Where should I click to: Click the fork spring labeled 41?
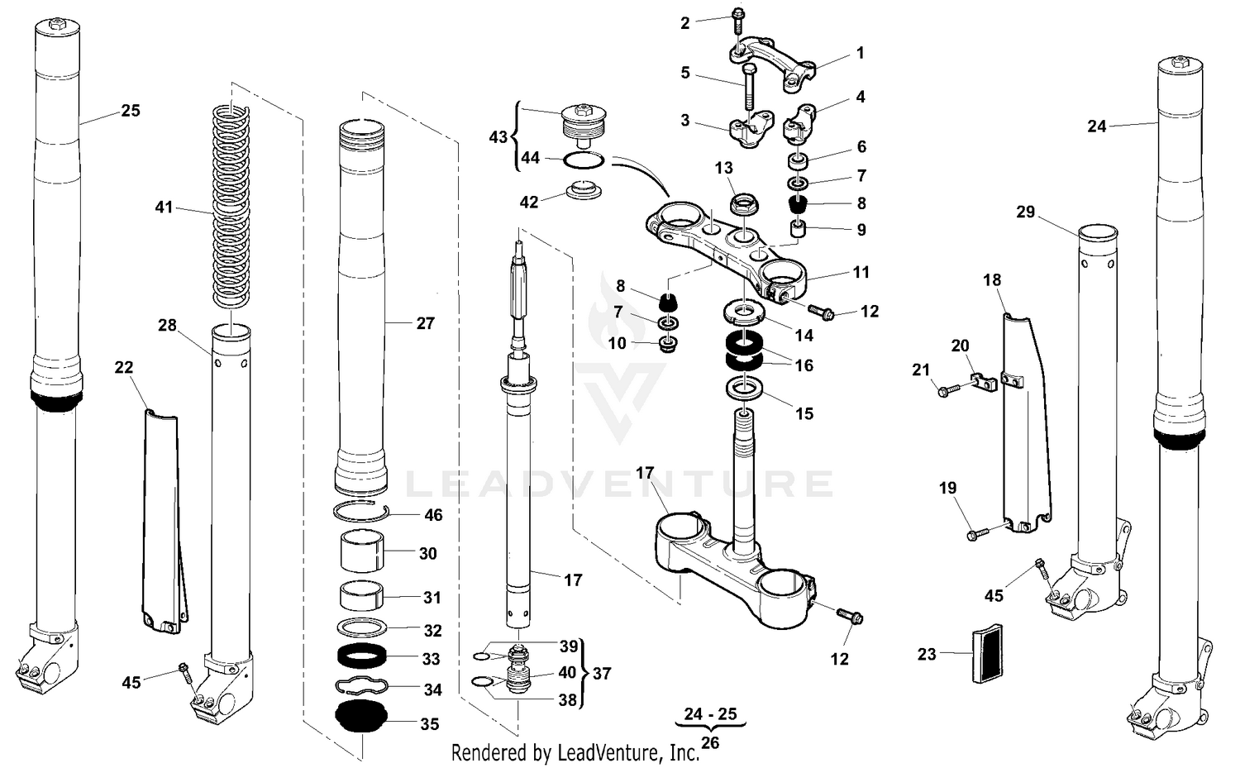(231, 207)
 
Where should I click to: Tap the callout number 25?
(131, 111)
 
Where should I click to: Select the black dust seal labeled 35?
(360, 715)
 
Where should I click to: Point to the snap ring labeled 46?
(361, 511)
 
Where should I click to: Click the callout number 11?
(861, 272)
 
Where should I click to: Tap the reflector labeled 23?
(985, 654)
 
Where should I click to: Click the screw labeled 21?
(947, 388)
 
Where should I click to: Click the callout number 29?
(1025, 212)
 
